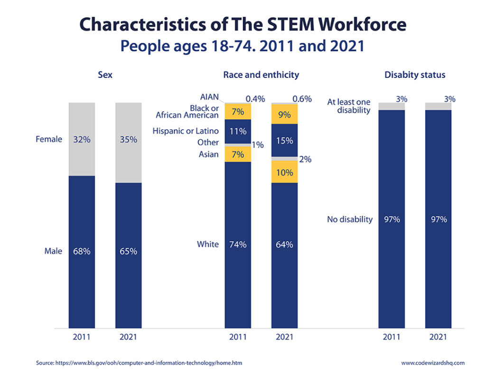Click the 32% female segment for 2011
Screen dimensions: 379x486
pos(82,139)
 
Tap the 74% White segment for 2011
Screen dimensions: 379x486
pos(238,244)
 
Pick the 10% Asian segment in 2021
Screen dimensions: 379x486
pos(284,173)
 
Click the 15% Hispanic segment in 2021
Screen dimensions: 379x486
pos(284,141)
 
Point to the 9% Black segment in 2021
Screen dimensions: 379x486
pos(284,114)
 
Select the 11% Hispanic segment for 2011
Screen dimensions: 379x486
pos(238,131)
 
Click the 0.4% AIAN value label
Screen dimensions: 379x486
pos(255,99)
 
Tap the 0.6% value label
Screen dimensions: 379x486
pos(302,99)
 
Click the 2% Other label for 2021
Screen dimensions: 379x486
pos(305,159)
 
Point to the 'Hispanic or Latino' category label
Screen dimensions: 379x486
pos(186,131)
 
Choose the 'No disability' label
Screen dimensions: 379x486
pos(350,219)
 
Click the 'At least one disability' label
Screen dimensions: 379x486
pos(349,106)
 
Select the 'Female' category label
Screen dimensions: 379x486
pos(49,139)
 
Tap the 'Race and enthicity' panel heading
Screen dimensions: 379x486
pos(261,75)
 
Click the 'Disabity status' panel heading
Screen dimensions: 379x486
pos(415,75)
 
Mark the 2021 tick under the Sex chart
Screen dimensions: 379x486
pos(128,337)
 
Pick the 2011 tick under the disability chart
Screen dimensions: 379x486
pos(392,337)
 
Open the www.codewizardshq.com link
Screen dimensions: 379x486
pos(433,363)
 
